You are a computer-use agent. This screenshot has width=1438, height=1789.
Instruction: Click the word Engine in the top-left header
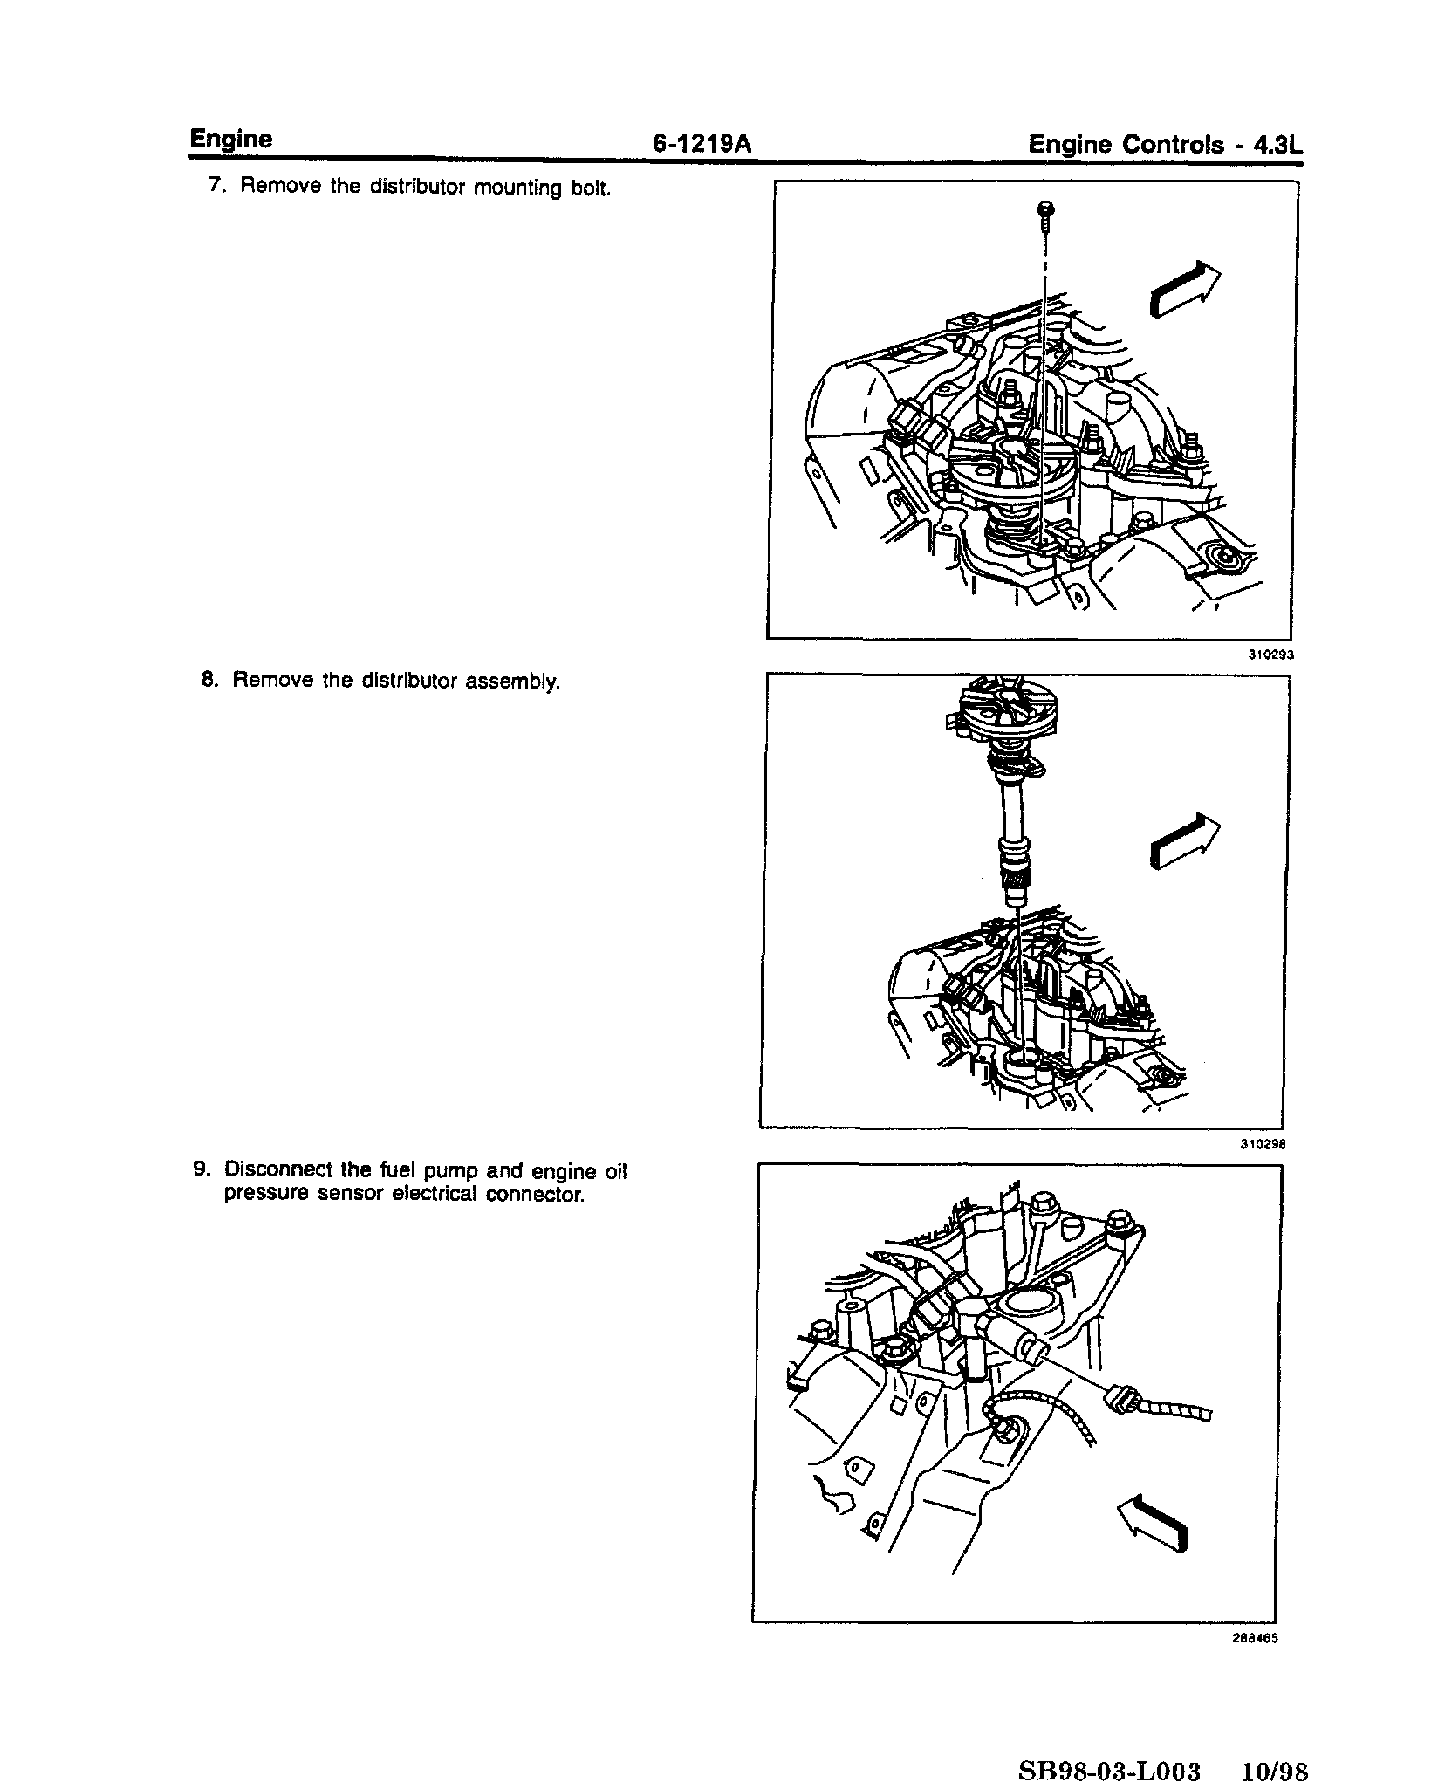[x=231, y=140]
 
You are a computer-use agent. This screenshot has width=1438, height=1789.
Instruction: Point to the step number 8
[x=209, y=680]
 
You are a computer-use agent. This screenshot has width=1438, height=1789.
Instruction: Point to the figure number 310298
[x=1265, y=1145]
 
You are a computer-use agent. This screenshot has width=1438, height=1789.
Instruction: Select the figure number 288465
[x=1257, y=1639]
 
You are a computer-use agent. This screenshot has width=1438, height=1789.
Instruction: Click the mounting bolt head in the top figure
[x=1046, y=209]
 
